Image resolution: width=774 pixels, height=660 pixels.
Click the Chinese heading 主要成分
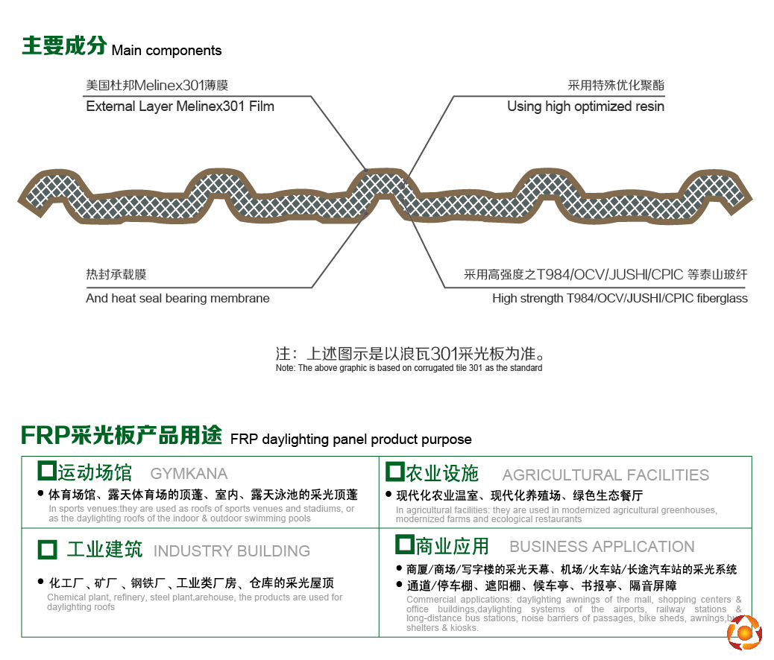[x=64, y=45]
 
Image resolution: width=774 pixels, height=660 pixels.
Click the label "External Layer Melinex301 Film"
[x=180, y=107]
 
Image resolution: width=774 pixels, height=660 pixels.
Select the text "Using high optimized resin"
[x=585, y=107]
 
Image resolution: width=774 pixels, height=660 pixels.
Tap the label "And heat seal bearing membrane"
[x=177, y=299]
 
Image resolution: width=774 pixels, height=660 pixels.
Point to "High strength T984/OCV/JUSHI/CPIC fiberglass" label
[x=620, y=299]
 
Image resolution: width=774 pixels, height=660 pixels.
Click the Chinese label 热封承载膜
[x=116, y=274]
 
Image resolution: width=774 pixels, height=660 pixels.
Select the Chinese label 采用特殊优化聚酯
[x=616, y=86]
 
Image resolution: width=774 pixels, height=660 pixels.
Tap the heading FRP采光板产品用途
[x=122, y=435]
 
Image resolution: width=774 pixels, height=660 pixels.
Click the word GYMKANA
[x=189, y=474]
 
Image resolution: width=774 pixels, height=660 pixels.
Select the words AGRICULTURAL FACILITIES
[x=605, y=475]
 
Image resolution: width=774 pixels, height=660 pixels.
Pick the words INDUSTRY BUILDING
[x=232, y=551]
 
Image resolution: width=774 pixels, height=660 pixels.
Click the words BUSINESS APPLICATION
[x=602, y=547]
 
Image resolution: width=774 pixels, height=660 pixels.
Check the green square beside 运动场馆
[x=47, y=471]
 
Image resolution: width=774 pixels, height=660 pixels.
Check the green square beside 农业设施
[x=395, y=472]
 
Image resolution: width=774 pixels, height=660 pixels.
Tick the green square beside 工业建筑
[x=48, y=550]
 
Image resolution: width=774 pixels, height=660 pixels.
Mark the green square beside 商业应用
[x=405, y=545]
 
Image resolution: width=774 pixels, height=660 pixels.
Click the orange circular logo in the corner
[x=744, y=632]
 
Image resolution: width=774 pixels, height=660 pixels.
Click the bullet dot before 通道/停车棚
[x=400, y=585]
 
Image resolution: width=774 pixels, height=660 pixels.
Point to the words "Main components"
[x=167, y=51]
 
